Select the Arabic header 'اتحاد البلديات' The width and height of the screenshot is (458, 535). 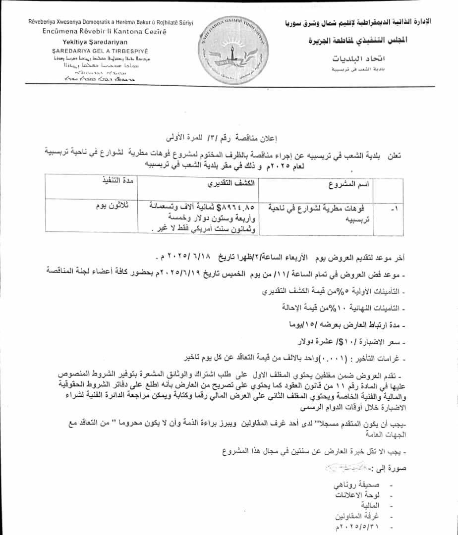[x=364, y=59]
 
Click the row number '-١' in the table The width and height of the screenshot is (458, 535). [x=394, y=210]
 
